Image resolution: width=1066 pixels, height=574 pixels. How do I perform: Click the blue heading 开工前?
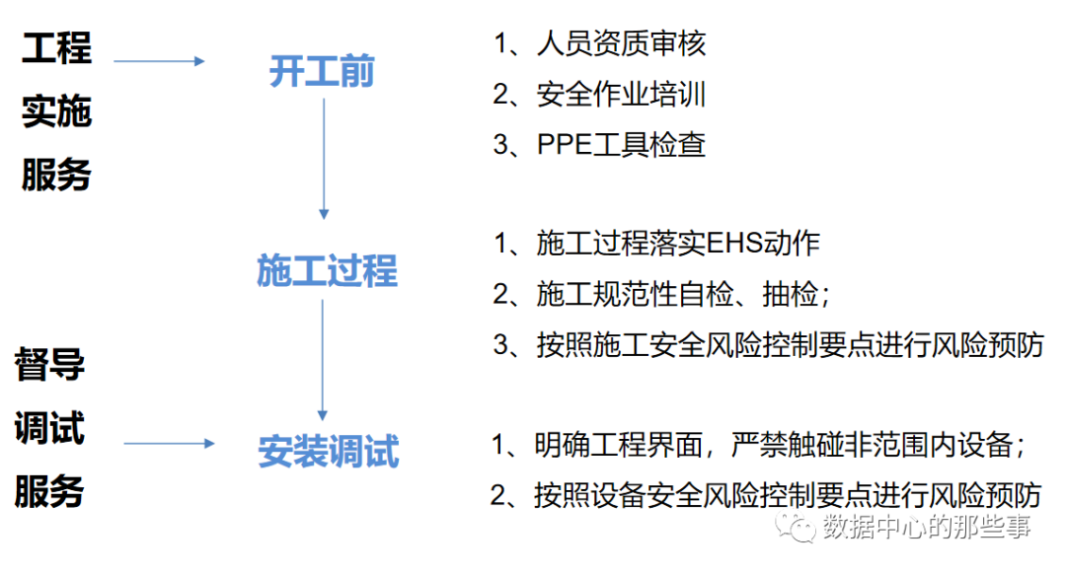pyautogui.click(x=322, y=73)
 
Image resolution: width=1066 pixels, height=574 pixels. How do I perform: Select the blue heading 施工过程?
pyautogui.click(x=327, y=270)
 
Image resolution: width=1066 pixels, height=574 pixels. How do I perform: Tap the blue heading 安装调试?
pyautogui.click(x=329, y=452)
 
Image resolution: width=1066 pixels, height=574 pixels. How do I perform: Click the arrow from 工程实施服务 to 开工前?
pyautogui.click(x=159, y=61)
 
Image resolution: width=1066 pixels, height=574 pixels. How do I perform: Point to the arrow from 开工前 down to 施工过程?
pyautogui.click(x=323, y=158)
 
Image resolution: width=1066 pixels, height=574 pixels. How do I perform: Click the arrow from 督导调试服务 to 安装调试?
pyautogui.click(x=168, y=443)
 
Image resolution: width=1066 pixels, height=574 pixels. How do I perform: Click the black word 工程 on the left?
pyautogui.click(x=56, y=47)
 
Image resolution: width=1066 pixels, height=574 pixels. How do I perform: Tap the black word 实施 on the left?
pyautogui.click(x=56, y=111)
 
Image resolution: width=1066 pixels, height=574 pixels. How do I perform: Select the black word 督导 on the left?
pyautogui.click(x=49, y=365)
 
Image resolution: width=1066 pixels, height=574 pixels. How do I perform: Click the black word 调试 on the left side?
pyautogui.click(x=49, y=428)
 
